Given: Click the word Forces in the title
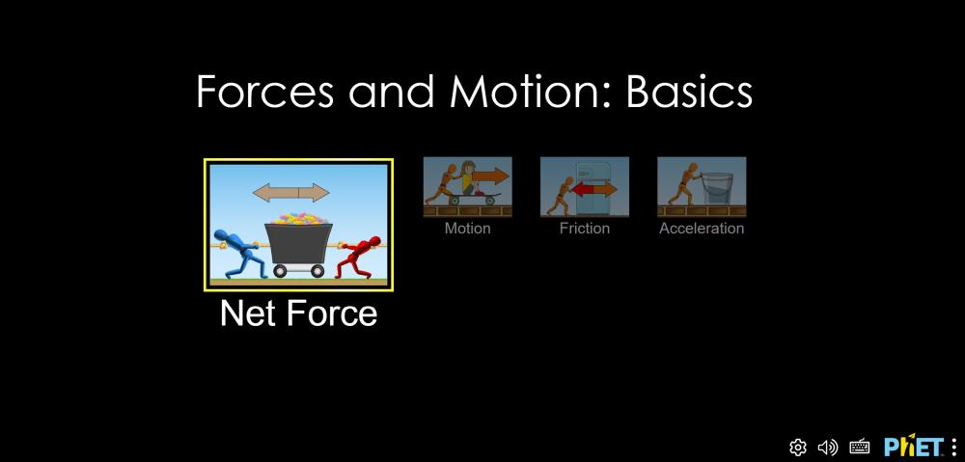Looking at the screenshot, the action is click(265, 92).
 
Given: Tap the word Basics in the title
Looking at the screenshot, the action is click(689, 92).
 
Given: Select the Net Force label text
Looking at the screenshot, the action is click(298, 313).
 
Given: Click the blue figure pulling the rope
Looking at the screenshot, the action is click(240, 254).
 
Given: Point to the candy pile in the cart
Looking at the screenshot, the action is click(299, 218).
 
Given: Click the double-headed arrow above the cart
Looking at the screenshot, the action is click(291, 193).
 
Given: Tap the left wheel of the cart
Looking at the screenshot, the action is click(280, 271).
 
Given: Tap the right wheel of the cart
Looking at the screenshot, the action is click(317, 271).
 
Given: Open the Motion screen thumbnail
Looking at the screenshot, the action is click(468, 187).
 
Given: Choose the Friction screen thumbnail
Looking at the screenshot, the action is click(585, 187).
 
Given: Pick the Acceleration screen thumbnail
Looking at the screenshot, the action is click(702, 187).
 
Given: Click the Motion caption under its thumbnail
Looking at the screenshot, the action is click(468, 229).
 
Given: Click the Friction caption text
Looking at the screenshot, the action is click(585, 229).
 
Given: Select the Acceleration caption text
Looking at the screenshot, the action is click(702, 229).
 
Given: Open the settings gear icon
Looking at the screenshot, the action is click(798, 447).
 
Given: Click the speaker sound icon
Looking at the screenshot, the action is click(828, 447).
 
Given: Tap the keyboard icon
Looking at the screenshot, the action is click(859, 447).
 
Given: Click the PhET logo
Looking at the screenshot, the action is click(913, 446).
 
